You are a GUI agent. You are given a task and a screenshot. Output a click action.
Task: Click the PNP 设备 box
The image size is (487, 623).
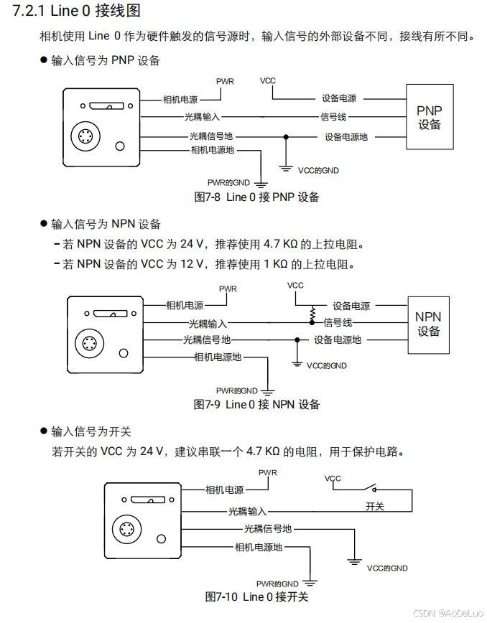pos(430,117)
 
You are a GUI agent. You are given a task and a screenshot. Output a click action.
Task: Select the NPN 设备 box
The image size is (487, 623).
pos(428,324)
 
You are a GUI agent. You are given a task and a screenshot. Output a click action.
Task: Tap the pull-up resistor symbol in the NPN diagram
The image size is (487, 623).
pos(313,314)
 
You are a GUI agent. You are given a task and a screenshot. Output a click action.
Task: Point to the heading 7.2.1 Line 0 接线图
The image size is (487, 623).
pos(76,11)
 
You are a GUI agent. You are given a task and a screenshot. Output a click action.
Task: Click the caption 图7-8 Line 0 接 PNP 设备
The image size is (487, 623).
pos(256,197)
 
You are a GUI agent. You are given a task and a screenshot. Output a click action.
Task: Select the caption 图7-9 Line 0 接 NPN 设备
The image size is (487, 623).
pos(256,405)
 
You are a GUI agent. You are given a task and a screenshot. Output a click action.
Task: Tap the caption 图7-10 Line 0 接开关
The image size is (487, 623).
pos(256,597)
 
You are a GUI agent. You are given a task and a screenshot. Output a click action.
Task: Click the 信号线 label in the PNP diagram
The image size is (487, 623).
pos(333,117)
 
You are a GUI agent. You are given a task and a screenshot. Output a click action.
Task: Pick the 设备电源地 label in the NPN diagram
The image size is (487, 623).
pos(338,339)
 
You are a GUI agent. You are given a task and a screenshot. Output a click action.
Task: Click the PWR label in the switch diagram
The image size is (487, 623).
pos(268,473)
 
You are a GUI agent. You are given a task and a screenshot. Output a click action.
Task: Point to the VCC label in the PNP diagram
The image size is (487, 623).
pos(268,81)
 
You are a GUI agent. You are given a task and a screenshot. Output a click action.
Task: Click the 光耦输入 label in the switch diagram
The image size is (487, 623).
pos(247,512)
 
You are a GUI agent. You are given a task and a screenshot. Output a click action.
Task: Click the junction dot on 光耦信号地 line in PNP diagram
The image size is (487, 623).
pos(286,136)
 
